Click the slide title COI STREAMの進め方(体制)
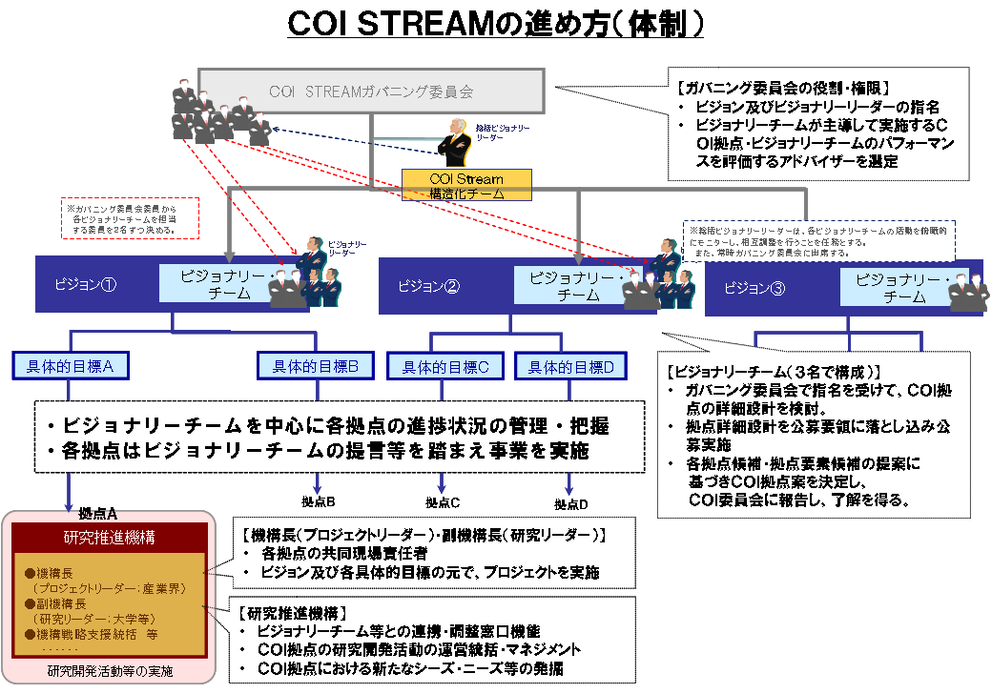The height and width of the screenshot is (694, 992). click(x=496, y=24)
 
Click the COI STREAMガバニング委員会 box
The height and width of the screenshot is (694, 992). click(x=371, y=92)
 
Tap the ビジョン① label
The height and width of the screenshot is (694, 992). click(x=86, y=284)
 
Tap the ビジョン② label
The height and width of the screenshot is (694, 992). click(x=429, y=285)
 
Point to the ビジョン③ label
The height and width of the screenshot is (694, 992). click(x=754, y=288)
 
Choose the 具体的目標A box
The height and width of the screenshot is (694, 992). click(x=70, y=364)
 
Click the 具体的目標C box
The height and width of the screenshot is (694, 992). click(x=445, y=366)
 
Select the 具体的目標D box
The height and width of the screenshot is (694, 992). click(x=570, y=366)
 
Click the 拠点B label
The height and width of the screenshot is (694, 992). click(x=317, y=501)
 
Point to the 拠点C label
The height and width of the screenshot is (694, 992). click(x=443, y=502)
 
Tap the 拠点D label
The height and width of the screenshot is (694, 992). click(x=571, y=502)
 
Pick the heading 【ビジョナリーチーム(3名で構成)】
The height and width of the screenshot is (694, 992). click(x=774, y=372)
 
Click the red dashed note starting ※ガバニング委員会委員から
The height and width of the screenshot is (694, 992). click(x=129, y=218)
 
